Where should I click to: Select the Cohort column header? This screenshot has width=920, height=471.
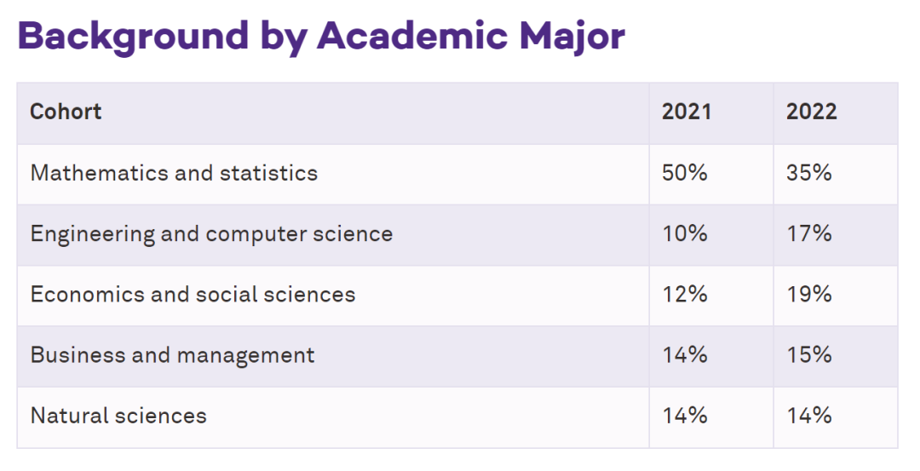click(x=66, y=112)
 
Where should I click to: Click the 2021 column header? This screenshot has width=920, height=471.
click(x=687, y=112)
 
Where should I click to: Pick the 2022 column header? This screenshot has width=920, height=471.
click(x=811, y=112)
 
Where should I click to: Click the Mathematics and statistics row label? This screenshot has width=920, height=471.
click(x=174, y=173)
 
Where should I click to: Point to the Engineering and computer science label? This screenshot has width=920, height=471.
click(x=211, y=233)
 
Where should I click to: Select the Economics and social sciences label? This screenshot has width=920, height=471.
click(x=193, y=295)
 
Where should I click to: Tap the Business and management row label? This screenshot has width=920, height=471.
click(x=172, y=355)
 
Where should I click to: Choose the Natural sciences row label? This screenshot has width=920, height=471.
click(x=118, y=416)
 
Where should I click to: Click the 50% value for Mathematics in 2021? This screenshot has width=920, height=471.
click(x=685, y=173)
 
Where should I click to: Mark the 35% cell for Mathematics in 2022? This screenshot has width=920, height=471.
click(x=809, y=173)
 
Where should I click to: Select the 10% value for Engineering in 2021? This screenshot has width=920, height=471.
click(x=685, y=233)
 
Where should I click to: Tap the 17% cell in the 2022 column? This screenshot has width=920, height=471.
click(x=809, y=233)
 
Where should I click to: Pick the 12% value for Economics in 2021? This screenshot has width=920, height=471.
click(x=685, y=295)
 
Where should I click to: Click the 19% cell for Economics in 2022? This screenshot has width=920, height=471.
click(x=809, y=295)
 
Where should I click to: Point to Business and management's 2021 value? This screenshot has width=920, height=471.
click(x=685, y=355)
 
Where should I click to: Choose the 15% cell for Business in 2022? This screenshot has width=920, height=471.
click(x=809, y=355)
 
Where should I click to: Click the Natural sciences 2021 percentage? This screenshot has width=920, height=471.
click(x=685, y=416)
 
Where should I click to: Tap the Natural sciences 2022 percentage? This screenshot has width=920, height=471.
click(x=809, y=416)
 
